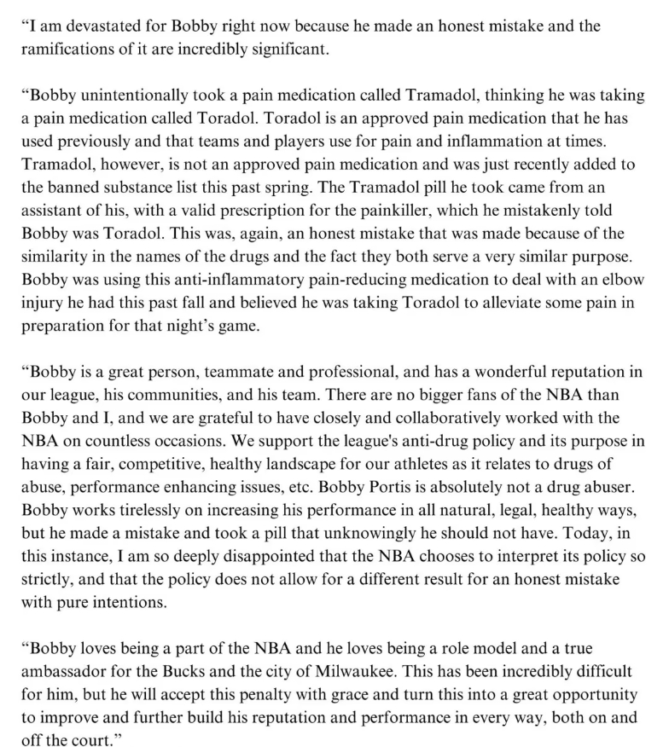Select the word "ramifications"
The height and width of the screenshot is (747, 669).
67,49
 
